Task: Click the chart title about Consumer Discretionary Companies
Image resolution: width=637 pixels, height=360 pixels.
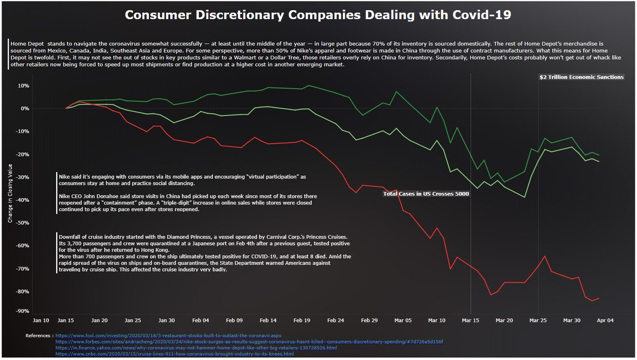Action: [318, 15]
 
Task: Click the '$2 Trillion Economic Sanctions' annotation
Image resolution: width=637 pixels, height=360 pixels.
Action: [581, 77]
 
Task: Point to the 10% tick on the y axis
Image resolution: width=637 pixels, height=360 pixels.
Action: [24, 85]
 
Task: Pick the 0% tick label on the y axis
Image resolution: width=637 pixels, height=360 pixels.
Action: [25, 108]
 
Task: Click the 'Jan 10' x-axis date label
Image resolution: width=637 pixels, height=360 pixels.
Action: [41, 321]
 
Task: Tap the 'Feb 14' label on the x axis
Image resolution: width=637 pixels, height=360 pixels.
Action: [268, 321]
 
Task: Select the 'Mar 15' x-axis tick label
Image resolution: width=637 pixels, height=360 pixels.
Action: [470, 321]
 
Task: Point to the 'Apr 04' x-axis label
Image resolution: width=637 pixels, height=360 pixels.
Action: [605, 321]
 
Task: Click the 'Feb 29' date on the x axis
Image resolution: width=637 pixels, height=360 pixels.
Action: [369, 321]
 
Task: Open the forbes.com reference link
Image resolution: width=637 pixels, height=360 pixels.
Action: [249, 342]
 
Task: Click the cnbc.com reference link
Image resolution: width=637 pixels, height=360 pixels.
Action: [175, 354]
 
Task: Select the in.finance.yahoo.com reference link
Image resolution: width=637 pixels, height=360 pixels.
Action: [196, 348]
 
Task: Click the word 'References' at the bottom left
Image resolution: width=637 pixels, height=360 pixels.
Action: [38, 336]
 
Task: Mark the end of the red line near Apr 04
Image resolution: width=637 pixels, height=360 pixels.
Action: [599, 298]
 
